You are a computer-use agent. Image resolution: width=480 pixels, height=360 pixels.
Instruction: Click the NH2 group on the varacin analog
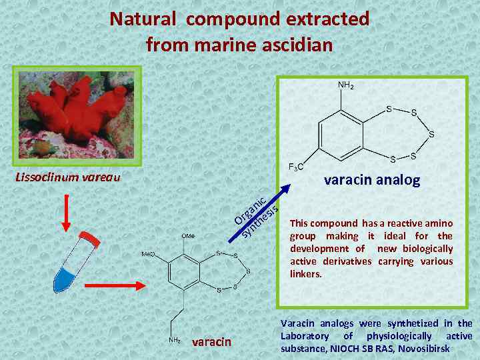click(x=345, y=85)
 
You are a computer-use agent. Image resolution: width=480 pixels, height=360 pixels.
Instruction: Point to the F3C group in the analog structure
click(x=296, y=166)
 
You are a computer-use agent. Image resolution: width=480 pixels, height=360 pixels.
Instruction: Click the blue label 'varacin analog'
click(x=371, y=180)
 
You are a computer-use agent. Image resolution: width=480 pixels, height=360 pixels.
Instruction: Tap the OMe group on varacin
click(x=189, y=236)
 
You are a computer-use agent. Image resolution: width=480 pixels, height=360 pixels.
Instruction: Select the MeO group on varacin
click(x=147, y=254)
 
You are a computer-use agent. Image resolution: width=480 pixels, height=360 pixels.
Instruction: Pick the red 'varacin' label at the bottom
click(x=211, y=342)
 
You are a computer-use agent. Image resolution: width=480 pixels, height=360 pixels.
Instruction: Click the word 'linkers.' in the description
click(x=306, y=274)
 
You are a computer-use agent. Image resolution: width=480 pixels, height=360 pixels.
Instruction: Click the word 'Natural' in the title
click(x=145, y=19)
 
